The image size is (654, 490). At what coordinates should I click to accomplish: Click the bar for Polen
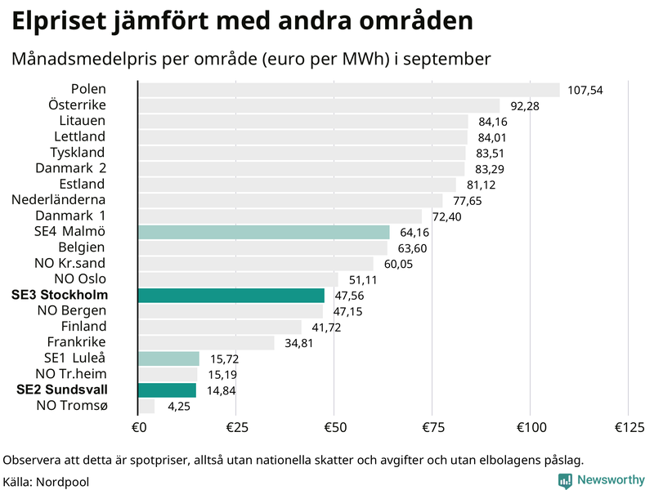[348, 90]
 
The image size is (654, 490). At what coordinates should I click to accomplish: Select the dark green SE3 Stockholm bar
[231, 295]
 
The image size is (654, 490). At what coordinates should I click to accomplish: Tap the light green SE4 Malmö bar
[264, 232]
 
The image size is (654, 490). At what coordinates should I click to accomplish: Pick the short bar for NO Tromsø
[146, 406]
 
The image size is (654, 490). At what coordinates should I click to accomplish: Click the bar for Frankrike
[206, 342]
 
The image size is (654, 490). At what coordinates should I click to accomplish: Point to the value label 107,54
[585, 90]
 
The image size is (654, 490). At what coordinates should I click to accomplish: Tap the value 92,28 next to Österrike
[527, 105]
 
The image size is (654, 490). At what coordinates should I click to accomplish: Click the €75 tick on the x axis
[432, 427]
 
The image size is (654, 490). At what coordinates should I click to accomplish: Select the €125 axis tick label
[628, 427]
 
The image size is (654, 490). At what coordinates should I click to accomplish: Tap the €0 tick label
[138, 427]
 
